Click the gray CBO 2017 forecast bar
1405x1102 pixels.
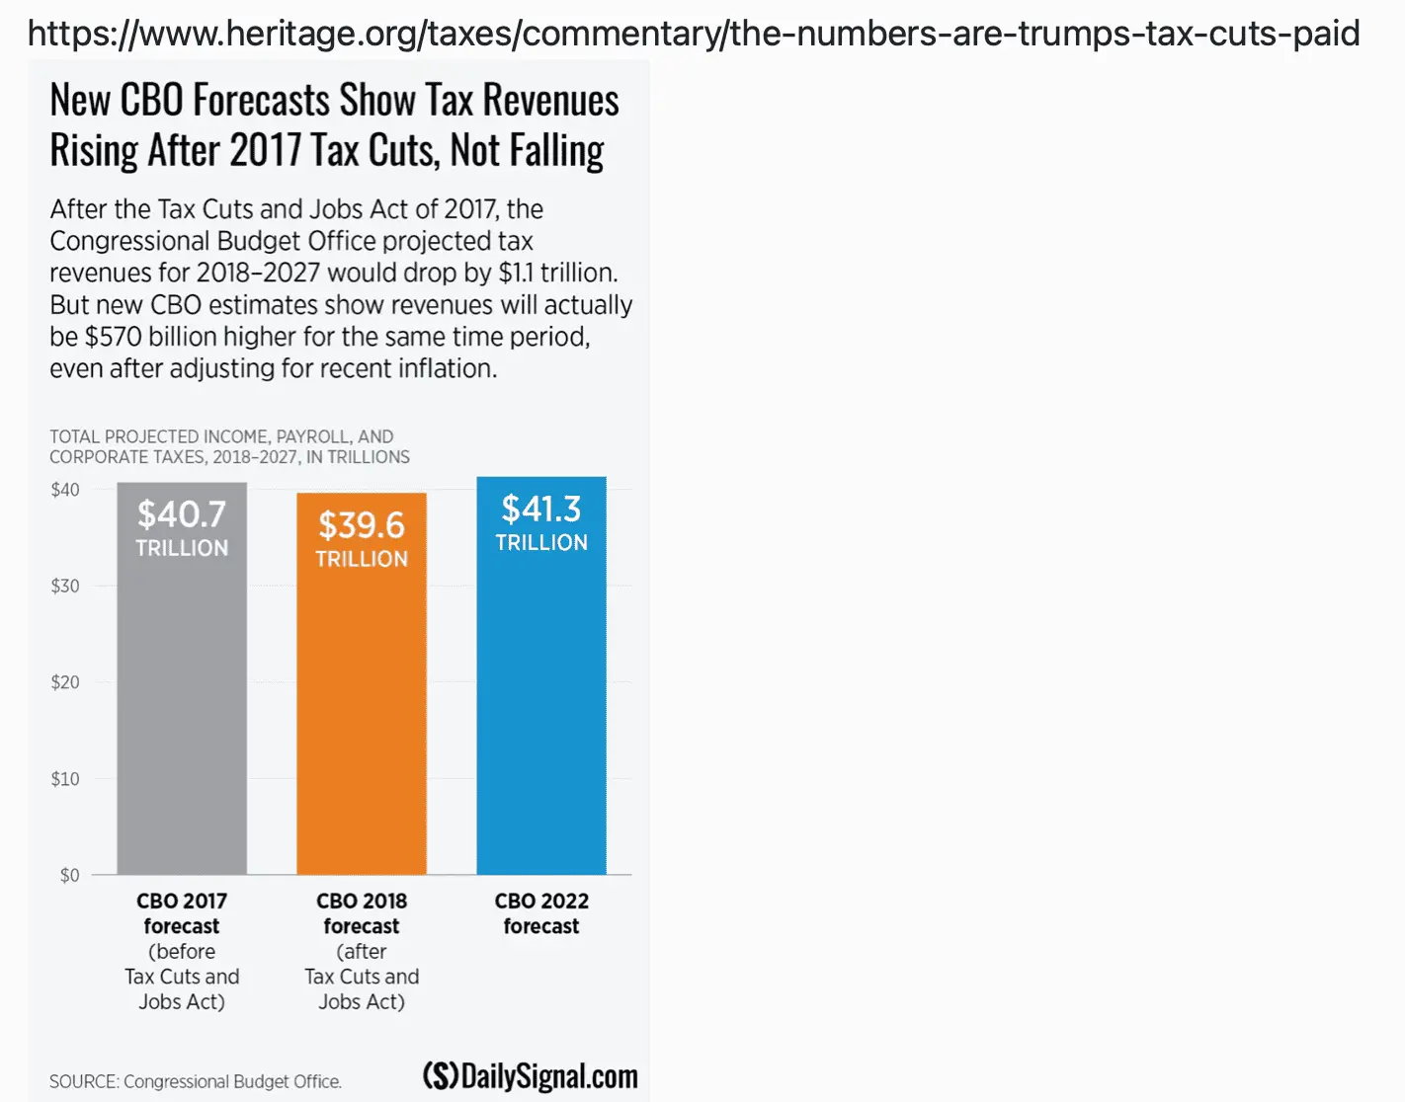(x=182, y=711)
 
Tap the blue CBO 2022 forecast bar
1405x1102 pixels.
(x=541, y=711)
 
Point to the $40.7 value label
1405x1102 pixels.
(x=182, y=514)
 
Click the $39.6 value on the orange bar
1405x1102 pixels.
(x=362, y=525)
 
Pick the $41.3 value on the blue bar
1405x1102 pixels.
(x=541, y=510)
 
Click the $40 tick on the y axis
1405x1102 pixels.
(x=65, y=490)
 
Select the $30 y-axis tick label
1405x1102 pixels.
(x=65, y=587)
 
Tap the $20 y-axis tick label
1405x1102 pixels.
(x=65, y=682)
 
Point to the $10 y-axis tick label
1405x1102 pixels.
(x=65, y=779)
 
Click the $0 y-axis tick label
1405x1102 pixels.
(x=69, y=876)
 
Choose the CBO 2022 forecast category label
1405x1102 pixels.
(x=541, y=913)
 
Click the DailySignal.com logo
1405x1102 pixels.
(x=531, y=1076)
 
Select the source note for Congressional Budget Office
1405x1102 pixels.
(x=196, y=1082)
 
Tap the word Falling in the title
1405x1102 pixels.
(x=556, y=151)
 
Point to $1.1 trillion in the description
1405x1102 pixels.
(x=558, y=273)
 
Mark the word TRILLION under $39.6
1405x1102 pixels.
(x=362, y=559)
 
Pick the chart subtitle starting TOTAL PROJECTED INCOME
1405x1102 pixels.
(x=229, y=446)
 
